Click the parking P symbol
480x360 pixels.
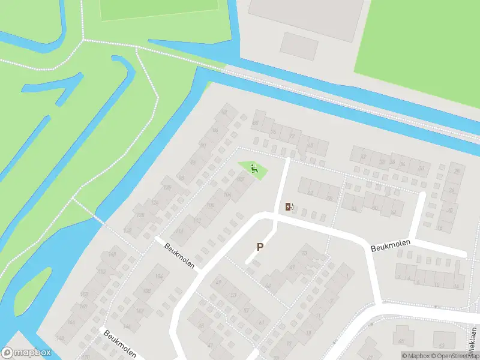click(x=260, y=247)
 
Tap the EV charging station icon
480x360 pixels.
click(x=289, y=207)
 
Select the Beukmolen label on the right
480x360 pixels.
click(x=390, y=245)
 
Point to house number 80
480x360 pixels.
click(x=255, y=123)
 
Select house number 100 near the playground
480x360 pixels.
click(x=241, y=179)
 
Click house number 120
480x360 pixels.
click(x=167, y=188)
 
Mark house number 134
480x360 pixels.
click(x=158, y=276)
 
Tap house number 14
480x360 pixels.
click(x=456, y=287)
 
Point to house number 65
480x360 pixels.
click(x=400, y=342)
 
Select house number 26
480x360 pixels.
click(x=457, y=172)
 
